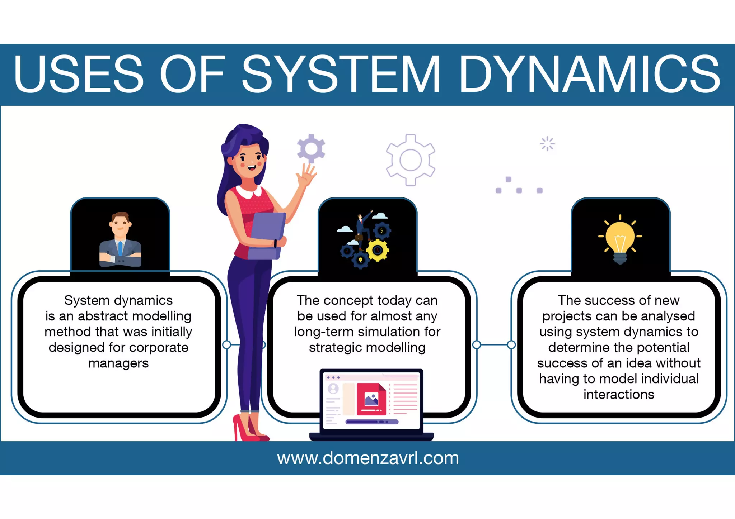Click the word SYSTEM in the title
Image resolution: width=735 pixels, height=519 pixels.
coord(341,74)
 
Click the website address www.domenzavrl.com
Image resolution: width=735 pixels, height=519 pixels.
coord(367,458)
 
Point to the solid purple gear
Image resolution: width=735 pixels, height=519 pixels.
coord(311,148)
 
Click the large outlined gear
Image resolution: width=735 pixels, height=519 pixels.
coord(411,160)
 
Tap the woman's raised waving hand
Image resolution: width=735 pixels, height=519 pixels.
coord(306,175)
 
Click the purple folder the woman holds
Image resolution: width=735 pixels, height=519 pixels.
coord(267,235)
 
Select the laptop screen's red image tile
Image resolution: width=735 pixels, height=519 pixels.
coord(371,399)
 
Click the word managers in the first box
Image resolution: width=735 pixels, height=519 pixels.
coord(118,363)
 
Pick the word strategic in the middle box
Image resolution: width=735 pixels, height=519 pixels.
coord(331,348)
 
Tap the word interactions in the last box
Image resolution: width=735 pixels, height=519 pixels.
coord(619,395)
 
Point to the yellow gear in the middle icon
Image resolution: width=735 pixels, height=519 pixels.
coord(378,250)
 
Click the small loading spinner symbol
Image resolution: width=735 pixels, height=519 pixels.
coord(547,144)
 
